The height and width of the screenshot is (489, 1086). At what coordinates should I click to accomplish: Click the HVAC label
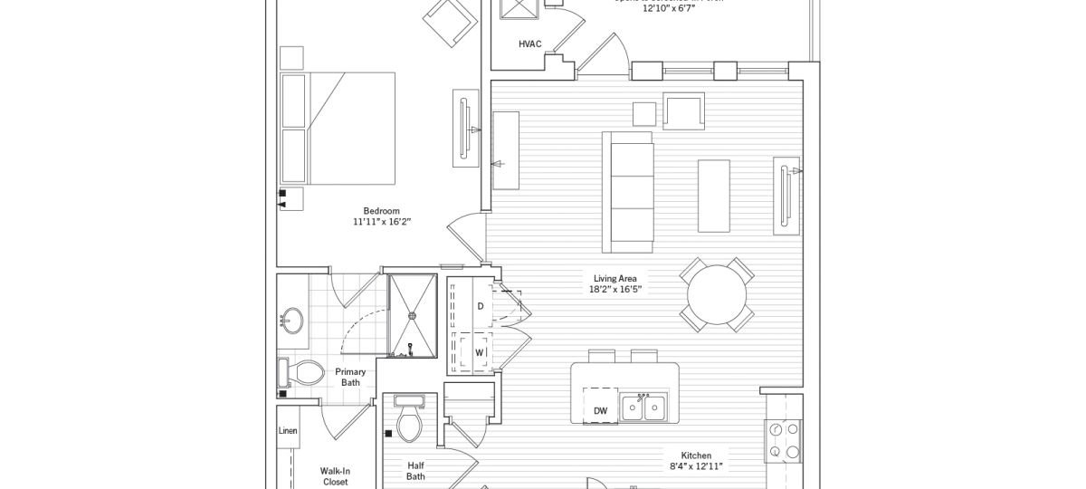click(530, 43)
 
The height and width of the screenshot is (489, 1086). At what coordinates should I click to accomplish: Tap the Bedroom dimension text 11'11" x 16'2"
click(382, 222)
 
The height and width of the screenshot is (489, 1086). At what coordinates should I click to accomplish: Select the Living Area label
click(615, 278)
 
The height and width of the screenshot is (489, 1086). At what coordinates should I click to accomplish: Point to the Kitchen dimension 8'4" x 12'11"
click(696, 466)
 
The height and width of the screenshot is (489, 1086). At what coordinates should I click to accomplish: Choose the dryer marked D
click(481, 307)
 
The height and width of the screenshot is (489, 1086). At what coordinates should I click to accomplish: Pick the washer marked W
click(480, 351)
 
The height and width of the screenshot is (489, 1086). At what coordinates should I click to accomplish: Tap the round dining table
click(718, 294)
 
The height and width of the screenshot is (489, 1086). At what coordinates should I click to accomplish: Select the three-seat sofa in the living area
click(629, 192)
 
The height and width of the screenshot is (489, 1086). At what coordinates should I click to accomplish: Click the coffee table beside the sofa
click(713, 197)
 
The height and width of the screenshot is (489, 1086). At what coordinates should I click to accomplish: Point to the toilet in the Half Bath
click(410, 420)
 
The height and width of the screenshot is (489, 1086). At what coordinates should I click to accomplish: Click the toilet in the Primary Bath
click(303, 371)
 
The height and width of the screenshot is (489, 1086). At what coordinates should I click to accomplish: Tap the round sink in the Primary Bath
click(292, 319)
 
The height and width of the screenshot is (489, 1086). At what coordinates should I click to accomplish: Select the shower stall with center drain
click(412, 315)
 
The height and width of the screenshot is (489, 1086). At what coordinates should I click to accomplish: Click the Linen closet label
click(288, 431)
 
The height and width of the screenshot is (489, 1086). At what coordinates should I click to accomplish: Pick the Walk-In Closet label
click(335, 476)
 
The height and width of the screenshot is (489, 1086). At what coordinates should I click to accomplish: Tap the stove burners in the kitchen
click(783, 441)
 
